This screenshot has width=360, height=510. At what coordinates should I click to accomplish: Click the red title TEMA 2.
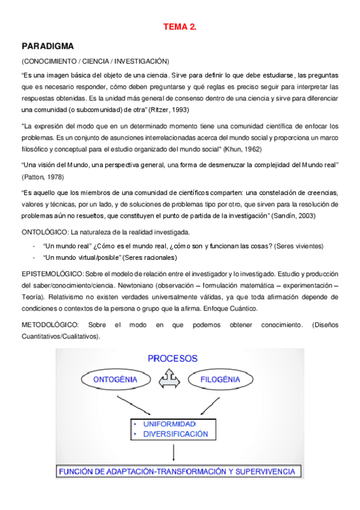[180, 27]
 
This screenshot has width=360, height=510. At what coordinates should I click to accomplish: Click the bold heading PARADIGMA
[47, 46]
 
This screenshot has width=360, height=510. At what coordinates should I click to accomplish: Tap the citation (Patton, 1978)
[43, 177]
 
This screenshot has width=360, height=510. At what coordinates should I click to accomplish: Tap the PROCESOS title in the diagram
[173, 359]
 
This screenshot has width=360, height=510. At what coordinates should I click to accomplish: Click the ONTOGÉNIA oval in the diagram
[116, 379]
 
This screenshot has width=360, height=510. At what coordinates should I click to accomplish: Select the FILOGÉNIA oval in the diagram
[221, 379]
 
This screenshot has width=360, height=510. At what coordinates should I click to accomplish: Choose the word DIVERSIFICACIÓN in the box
[175, 433]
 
